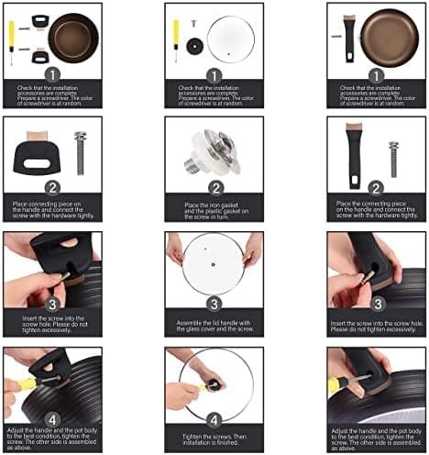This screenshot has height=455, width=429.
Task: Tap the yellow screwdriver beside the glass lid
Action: pos(175,39)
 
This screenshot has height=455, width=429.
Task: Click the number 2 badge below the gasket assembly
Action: pos(214,187)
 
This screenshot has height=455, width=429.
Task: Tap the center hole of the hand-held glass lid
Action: pos(214,268)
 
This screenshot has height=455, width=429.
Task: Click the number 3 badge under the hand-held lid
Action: pos(214,304)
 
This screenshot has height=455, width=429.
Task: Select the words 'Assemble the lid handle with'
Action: pos(214,323)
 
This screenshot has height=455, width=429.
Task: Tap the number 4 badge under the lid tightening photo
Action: pos(214,418)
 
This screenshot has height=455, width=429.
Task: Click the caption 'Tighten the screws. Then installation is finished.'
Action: pos(214,440)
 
